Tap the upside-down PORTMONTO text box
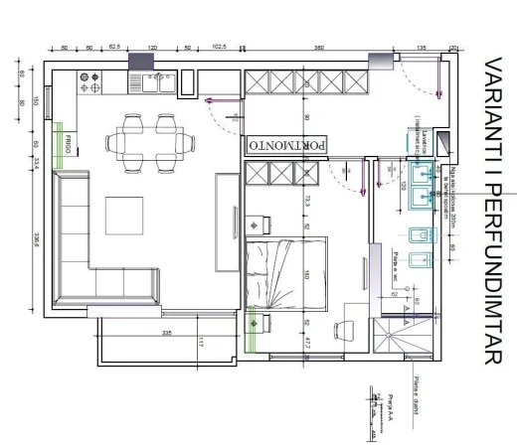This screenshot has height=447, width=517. click(287, 145)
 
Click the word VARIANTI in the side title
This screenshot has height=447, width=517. click(495, 98)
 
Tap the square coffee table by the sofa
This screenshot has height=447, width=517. click(127, 220)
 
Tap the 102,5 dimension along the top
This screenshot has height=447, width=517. click(219, 47)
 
